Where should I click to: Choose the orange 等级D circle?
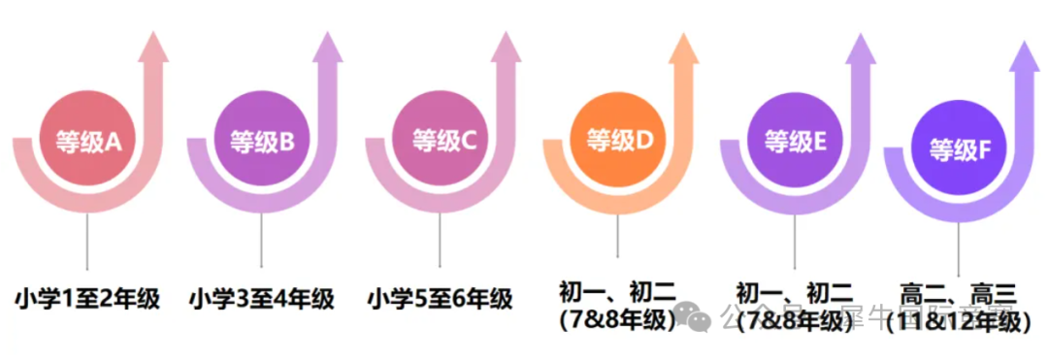point(619,141)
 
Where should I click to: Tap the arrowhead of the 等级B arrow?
point(327,48)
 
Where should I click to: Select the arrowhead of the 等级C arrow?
point(505,48)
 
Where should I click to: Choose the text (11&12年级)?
point(957,321)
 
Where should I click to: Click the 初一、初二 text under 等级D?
point(617,290)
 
